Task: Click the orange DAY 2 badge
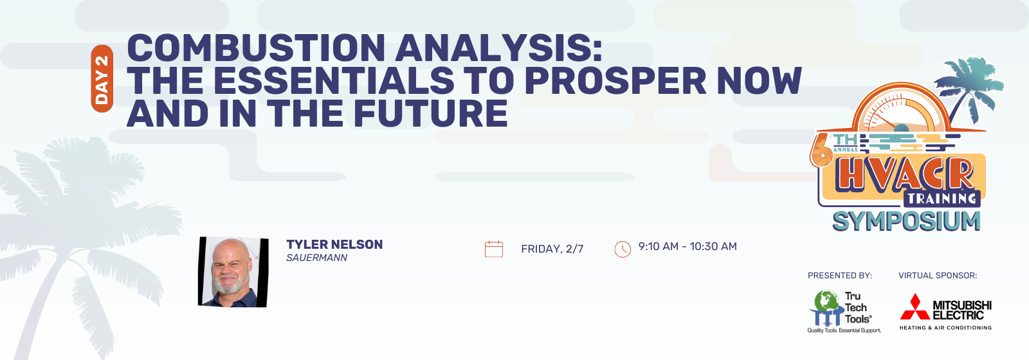[x=102, y=78]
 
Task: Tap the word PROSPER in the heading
[x=614, y=80]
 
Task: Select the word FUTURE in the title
[x=430, y=113]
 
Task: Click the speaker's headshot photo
[x=233, y=272]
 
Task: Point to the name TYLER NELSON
[x=334, y=244]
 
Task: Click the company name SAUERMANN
[x=316, y=258]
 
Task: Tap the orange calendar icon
[x=494, y=249]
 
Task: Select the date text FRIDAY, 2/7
[x=552, y=249]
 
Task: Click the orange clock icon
[x=623, y=249]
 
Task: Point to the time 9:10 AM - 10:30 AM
[x=688, y=247]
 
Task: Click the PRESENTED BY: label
[x=840, y=276]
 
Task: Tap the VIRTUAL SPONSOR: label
[x=938, y=276]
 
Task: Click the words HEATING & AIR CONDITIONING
[x=945, y=328]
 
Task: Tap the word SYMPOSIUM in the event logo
[x=906, y=221]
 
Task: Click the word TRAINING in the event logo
[x=942, y=199]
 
